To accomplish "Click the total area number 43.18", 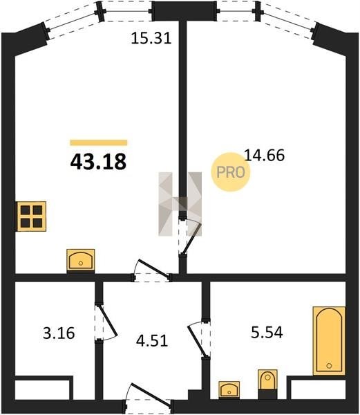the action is point(98,162).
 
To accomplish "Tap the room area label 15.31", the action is point(151,38).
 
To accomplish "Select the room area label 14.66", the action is point(265,155).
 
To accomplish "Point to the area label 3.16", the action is point(59,333).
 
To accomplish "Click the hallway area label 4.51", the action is point(152,340).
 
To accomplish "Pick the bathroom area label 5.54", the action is point(267,333).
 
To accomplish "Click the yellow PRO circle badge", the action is point(231,172).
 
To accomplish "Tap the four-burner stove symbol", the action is point(32,216).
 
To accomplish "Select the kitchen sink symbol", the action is point(81,259).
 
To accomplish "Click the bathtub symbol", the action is point(329,341).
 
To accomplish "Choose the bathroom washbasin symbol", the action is point(229,389).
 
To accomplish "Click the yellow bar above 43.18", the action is point(99,142).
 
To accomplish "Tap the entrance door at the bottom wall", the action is point(149,396).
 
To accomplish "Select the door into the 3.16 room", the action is point(106,323).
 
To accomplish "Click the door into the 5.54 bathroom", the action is point(199,340).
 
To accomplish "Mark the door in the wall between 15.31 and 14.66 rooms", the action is point(190,237).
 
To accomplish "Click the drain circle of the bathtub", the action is point(329,366).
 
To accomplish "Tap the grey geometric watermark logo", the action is point(180,204).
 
